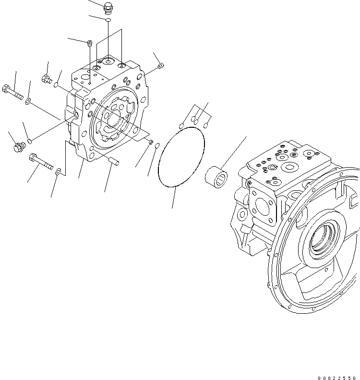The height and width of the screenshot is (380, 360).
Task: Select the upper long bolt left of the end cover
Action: click(x=13, y=92)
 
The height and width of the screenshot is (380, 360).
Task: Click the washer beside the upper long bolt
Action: click(x=29, y=101)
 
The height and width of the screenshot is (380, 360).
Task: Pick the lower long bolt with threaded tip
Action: click(x=41, y=160)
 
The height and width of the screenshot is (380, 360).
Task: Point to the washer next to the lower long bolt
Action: click(x=58, y=171)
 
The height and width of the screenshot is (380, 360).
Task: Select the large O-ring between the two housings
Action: click(x=181, y=157)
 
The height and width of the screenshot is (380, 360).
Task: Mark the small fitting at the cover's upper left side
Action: click(x=47, y=79)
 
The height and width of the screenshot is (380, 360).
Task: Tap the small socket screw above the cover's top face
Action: click(x=90, y=44)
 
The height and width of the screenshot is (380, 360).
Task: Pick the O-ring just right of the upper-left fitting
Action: click(x=56, y=86)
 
